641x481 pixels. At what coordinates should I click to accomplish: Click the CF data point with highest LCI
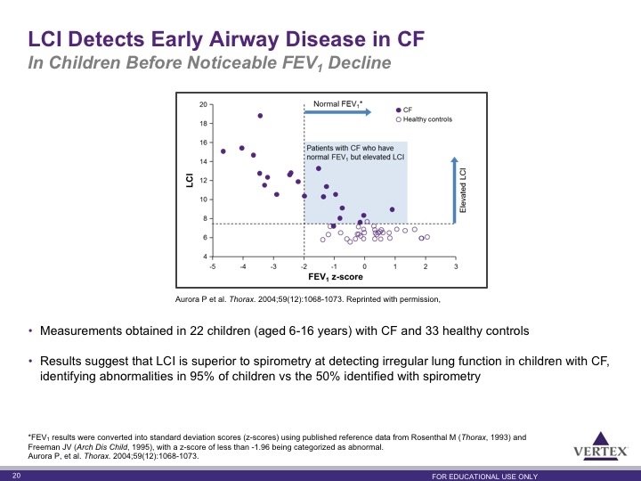260,116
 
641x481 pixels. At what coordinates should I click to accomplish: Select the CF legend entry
404,110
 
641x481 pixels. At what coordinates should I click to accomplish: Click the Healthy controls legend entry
425,119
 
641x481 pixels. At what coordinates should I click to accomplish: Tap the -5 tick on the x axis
213,266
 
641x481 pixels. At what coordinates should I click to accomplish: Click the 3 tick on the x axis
456,266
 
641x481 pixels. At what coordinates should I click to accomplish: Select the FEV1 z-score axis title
336,277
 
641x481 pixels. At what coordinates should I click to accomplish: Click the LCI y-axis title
190,180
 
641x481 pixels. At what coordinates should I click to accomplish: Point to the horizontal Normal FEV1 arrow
337,112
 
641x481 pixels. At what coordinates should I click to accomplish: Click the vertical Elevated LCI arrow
454,191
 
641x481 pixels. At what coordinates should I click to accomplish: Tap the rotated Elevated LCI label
463,191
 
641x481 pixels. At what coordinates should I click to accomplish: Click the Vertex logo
600,446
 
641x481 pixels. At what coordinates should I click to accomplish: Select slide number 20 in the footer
16,476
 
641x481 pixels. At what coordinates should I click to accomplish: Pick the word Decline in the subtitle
360,63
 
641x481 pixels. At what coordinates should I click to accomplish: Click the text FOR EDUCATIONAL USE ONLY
485,477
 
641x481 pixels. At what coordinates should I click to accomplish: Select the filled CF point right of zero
392,209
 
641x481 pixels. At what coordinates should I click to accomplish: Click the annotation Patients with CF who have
351,148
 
